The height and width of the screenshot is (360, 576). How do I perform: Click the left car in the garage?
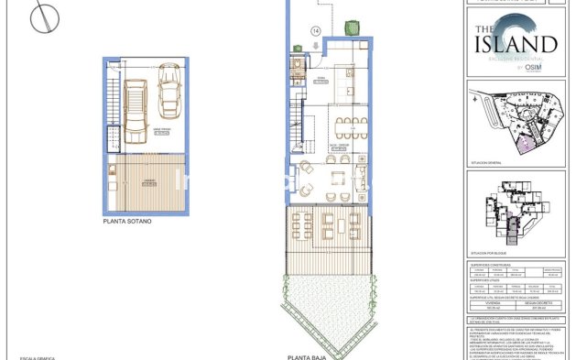(x=135, y=112)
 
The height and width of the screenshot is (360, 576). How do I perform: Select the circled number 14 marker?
(x=317, y=30)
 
